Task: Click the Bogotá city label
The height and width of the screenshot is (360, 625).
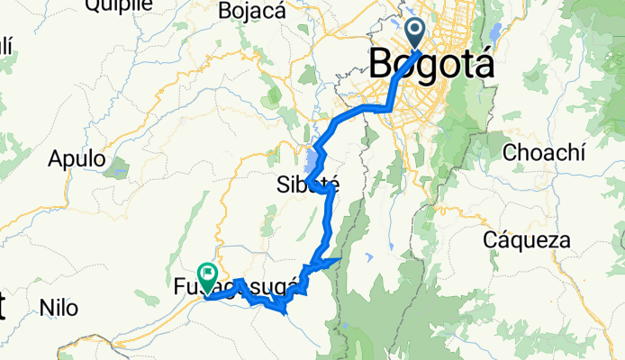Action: pos(431,66)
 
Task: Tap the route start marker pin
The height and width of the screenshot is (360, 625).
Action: pos(416,33)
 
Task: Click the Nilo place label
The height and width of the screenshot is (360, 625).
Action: pos(59,309)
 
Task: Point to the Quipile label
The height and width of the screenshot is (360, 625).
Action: pos(117,5)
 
